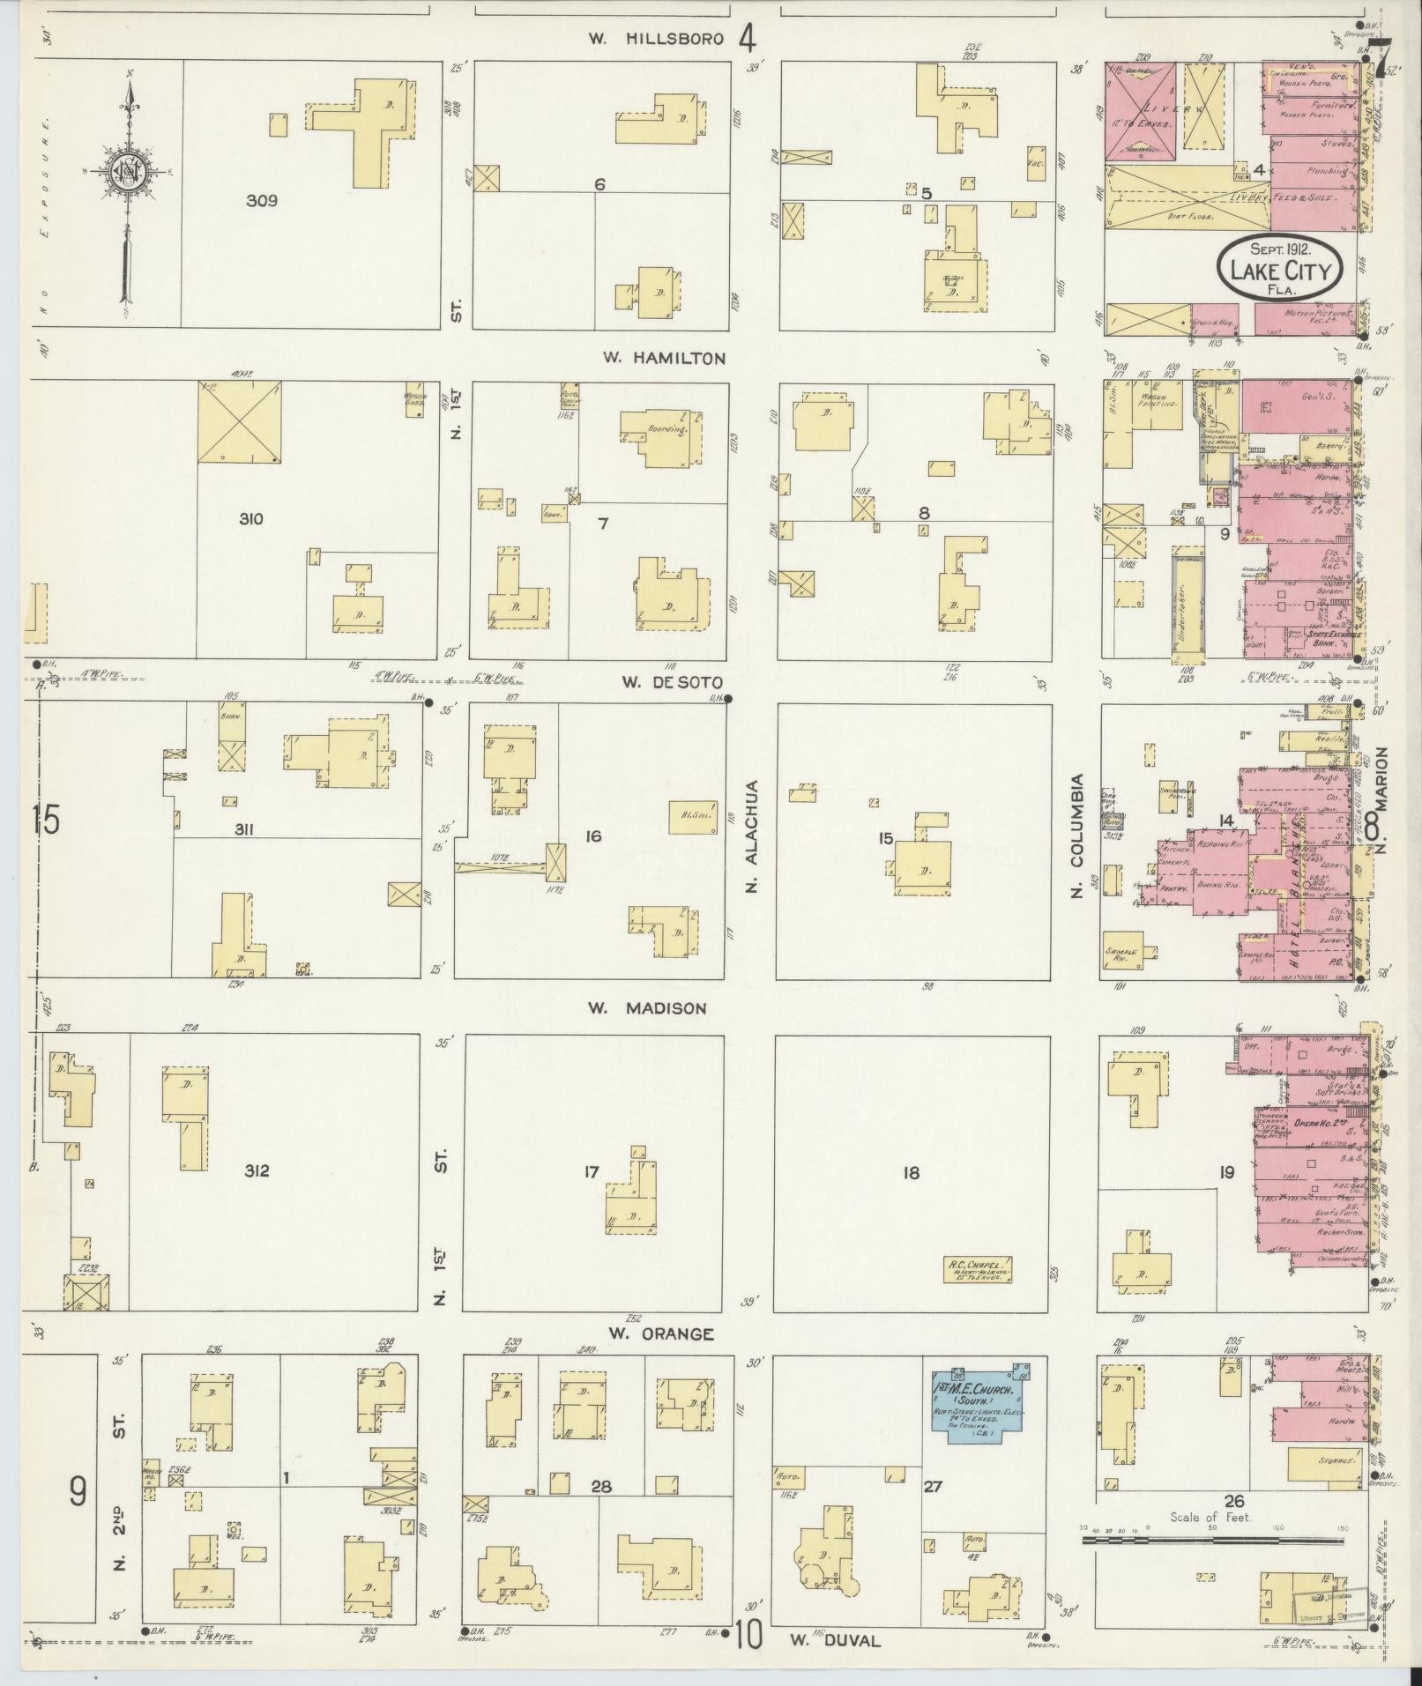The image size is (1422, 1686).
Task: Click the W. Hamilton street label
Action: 664,358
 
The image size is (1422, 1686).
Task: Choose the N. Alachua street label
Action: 752,836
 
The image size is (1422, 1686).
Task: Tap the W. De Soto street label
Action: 672,682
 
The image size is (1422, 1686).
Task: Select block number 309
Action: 262,200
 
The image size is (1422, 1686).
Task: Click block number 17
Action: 591,1172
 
